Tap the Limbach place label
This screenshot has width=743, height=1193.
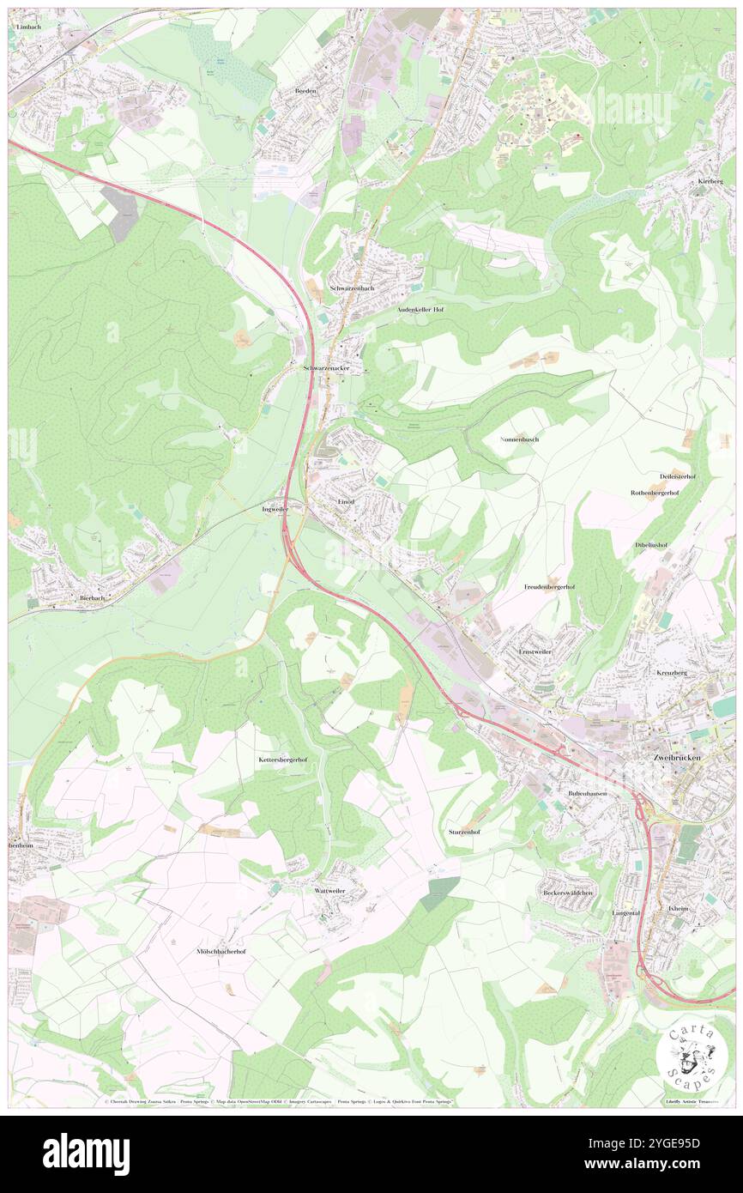pyautogui.click(x=27, y=27)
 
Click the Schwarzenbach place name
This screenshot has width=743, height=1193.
pyautogui.click(x=352, y=288)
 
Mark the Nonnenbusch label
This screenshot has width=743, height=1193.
pyautogui.click(x=519, y=439)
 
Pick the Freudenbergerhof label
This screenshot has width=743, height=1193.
pyautogui.click(x=549, y=587)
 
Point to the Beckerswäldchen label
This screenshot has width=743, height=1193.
pyautogui.click(x=568, y=893)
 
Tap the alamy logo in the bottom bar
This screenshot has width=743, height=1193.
pyautogui.click(x=86, y=1154)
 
